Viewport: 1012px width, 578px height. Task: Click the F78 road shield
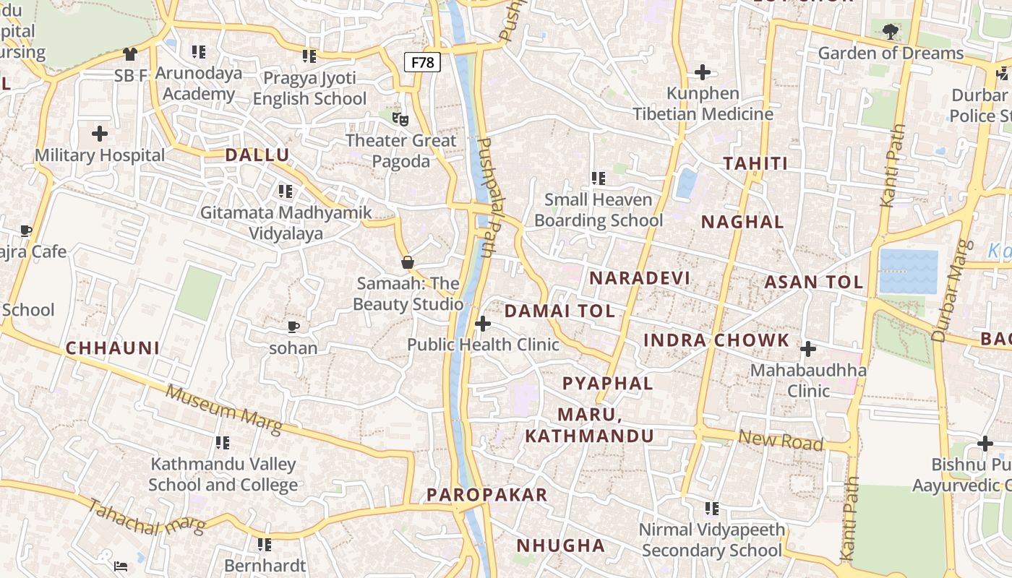pyautogui.click(x=422, y=62)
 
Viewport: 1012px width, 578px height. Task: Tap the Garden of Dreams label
pyautogui.click(x=891, y=53)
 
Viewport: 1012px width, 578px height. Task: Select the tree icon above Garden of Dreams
pyautogui.click(x=891, y=31)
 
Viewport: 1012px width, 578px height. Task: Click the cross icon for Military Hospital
pyautogui.click(x=100, y=134)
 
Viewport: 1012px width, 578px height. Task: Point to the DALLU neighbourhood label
pyautogui.click(x=257, y=155)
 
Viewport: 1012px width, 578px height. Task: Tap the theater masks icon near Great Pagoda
pyautogui.click(x=400, y=118)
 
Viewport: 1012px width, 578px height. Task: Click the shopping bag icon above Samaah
pyautogui.click(x=408, y=262)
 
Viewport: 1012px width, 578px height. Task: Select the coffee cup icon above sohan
pyautogui.click(x=293, y=327)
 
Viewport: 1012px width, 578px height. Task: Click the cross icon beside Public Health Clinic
pyautogui.click(x=483, y=324)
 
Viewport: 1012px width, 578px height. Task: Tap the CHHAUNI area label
pyautogui.click(x=113, y=348)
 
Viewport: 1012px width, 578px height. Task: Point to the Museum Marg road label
pyautogui.click(x=223, y=410)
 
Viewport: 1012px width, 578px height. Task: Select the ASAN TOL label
pyautogui.click(x=814, y=282)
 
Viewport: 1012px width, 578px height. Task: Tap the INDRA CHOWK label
pyautogui.click(x=716, y=340)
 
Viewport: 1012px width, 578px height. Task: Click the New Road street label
pyautogui.click(x=781, y=440)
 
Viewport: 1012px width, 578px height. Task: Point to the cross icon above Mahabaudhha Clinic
pyautogui.click(x=808, y=350)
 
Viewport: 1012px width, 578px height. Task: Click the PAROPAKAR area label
pyautogui.click(x=486, y=495)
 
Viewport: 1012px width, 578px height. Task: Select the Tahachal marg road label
pyautogui.click(x=147, y=517)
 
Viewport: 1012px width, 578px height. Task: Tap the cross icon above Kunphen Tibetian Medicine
pyautogui.click(x=703, y=72)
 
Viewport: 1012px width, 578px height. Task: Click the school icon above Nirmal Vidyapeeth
pyautogui.click(x=712, y=509)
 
